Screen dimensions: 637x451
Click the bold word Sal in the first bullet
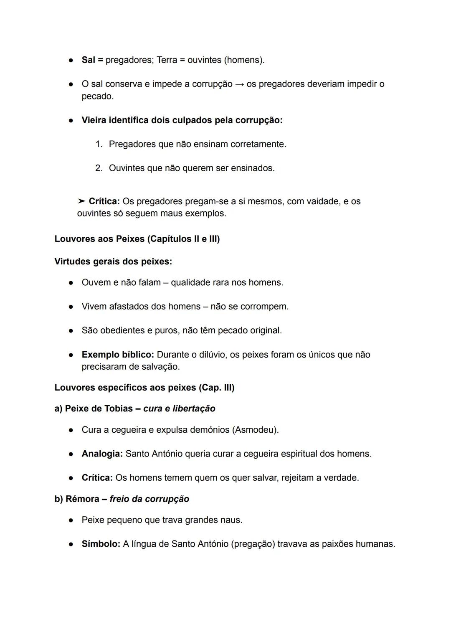(x=88, y=60)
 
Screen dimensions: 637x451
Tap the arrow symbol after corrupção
(x=239, y=84)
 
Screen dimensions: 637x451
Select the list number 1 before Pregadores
(x=99, y=145)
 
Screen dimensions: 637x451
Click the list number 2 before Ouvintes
(x=99, y=168)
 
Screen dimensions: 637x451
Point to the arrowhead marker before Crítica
(x=81, y=201)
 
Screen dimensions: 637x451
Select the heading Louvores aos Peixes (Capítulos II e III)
(x=137, y=239)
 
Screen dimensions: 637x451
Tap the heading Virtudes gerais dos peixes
(x=113, y=261)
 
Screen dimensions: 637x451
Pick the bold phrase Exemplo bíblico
(x=118, y=355)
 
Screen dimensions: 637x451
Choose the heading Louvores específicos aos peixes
(x=144, y=388)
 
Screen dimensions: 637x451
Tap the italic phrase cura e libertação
(x=179, y=409)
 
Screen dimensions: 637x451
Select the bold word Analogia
(x=102, y=454)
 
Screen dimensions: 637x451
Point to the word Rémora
(x=82, y=499)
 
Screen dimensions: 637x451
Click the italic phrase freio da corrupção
(x=149, y=499)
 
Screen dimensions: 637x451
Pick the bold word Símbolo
(x=101, y=544)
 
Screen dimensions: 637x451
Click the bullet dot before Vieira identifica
(x=71, y=120)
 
